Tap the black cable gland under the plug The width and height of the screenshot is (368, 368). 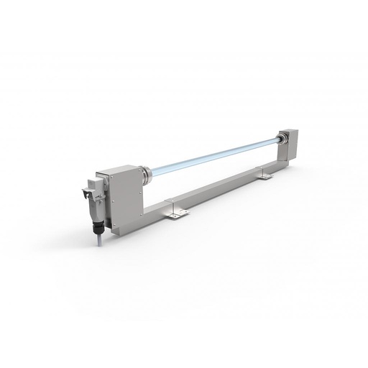pyautogui.click(x=95, y=229)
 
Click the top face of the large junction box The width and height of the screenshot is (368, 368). pyautogui.click(x=122, y=168)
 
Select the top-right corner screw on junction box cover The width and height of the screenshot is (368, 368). pyautogui.click(x=134, y=175)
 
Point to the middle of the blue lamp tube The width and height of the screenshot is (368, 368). pyautogui.click(x=212, y=155)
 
